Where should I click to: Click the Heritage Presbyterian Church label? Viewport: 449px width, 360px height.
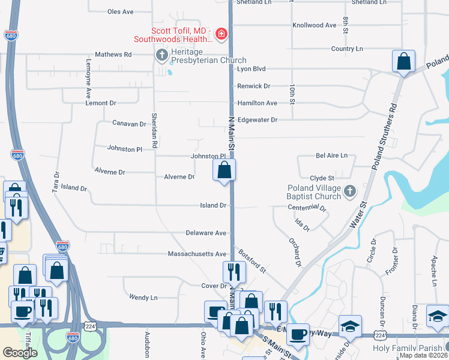coord(208,60)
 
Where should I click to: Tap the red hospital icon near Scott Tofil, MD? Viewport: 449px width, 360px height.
coord(221,34)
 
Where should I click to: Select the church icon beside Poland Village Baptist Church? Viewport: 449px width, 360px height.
coord(351,191)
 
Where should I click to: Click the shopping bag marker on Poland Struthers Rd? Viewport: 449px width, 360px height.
coord(404,61)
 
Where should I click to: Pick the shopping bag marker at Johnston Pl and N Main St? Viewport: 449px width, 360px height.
coord(224,170)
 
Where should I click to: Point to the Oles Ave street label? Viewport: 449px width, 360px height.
coord(120,11)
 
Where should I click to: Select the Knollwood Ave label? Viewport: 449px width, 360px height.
coord(314,25)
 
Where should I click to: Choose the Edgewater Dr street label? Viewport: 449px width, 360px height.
coord(258,119)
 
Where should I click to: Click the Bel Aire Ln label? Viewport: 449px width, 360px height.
coord(331,155)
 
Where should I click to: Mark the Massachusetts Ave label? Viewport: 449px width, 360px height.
coord(197,254)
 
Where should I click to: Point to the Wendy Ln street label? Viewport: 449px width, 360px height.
coord(143,297)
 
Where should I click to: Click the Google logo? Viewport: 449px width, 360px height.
coord(20,353)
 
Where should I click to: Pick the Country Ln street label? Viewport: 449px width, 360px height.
coord(347,49)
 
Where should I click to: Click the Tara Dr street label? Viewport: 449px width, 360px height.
coord(56,183)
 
